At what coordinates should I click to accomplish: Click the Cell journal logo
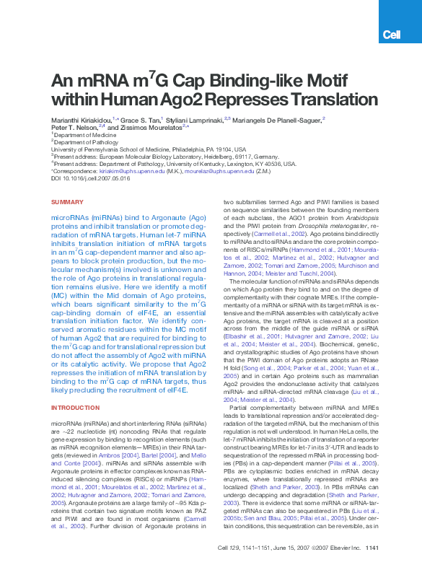(x=391, y=34)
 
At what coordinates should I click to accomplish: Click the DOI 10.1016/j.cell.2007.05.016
(x=94, y=178)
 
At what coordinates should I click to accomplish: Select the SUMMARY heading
(x=67, y=202)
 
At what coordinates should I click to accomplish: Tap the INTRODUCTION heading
(x=75, y=408)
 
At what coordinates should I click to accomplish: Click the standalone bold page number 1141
(x=372, y=548)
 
